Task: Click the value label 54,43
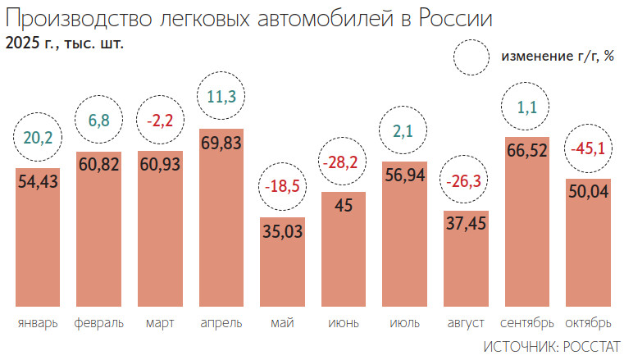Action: tap(38, 180)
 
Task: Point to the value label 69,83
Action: tap(221, 142)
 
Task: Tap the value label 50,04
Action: tap(588, 192)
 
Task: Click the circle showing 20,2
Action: tap(38, 138)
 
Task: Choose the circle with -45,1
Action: tap(588, 148)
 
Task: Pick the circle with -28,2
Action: tap(344, 162)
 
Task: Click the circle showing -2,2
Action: tap(160, 121)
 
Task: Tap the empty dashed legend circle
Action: tap(473, 57)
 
